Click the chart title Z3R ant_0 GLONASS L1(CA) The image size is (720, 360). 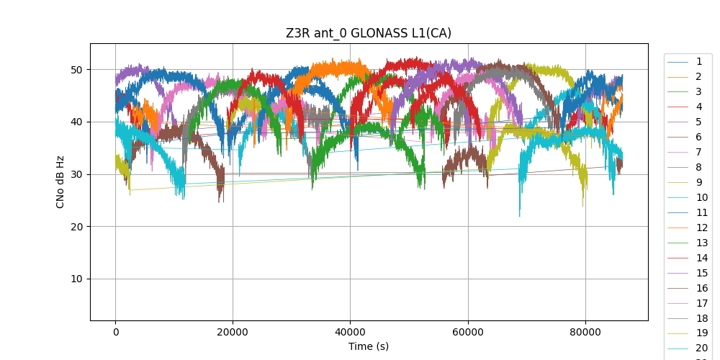[369, 33]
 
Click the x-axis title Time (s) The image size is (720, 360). [369, 346]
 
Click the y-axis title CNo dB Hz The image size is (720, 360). [60, 181]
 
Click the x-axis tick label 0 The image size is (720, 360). [115, 332]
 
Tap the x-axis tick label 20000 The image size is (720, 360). [233, 332]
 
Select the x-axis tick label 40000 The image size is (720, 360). [350, 332]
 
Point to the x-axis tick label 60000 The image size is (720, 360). [467, 332]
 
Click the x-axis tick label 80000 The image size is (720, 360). [585, 332]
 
